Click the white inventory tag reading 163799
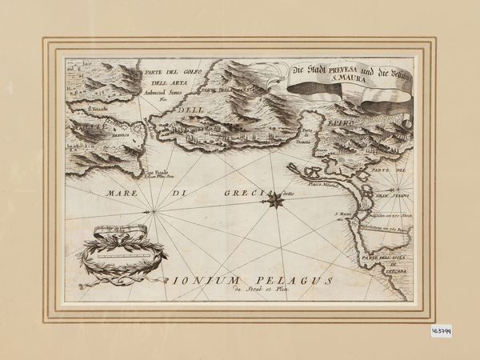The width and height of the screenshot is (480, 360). [x=441, y=330]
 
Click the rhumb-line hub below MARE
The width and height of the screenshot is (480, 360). [x=150, y=211]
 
